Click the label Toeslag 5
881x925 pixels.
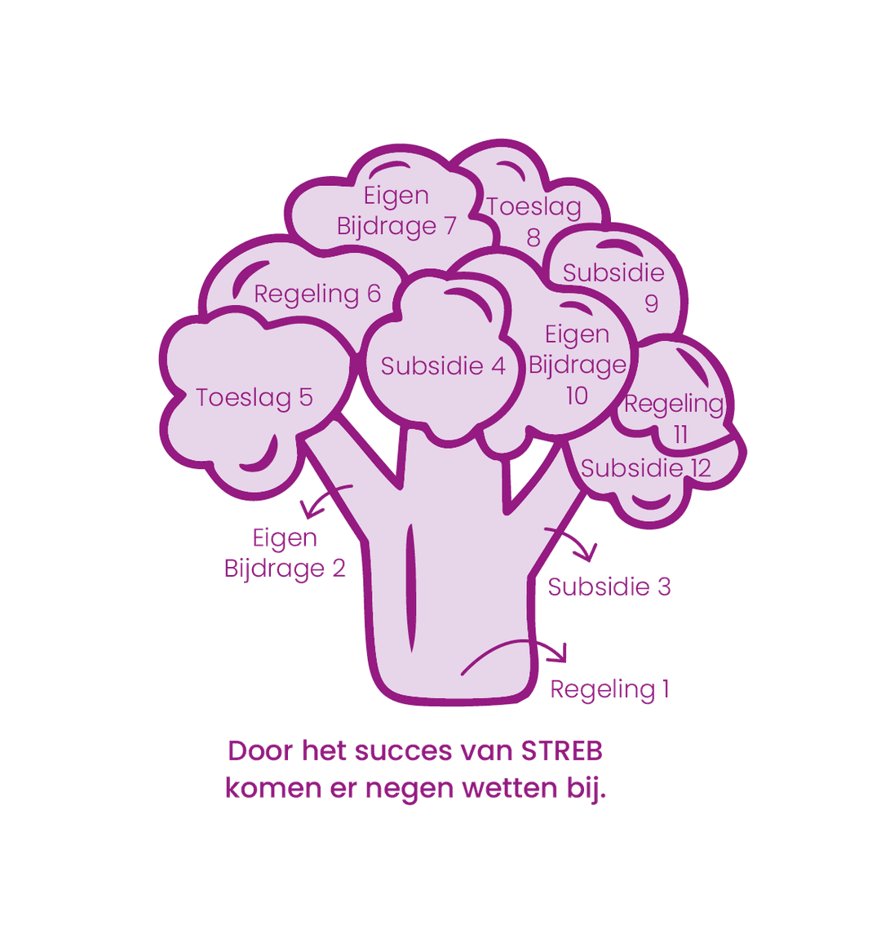(x=255, y=398)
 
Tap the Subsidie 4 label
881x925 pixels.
(x=443, y=366)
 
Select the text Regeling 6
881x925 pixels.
(x=317, y=294)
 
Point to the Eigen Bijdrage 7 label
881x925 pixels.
(x=396, y=210)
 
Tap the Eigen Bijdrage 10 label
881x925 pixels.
(x=577, y=365)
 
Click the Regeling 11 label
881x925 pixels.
(x=675, y=418)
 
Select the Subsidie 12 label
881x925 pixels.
(x=646, y=468)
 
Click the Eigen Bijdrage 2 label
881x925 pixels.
(x=285, y=553)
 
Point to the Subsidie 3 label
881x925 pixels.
(x=609, y=587)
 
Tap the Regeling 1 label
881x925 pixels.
(x=610, y=689)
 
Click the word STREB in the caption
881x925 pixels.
(x=561, y=751)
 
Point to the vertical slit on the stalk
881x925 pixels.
(x=410, y=589)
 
